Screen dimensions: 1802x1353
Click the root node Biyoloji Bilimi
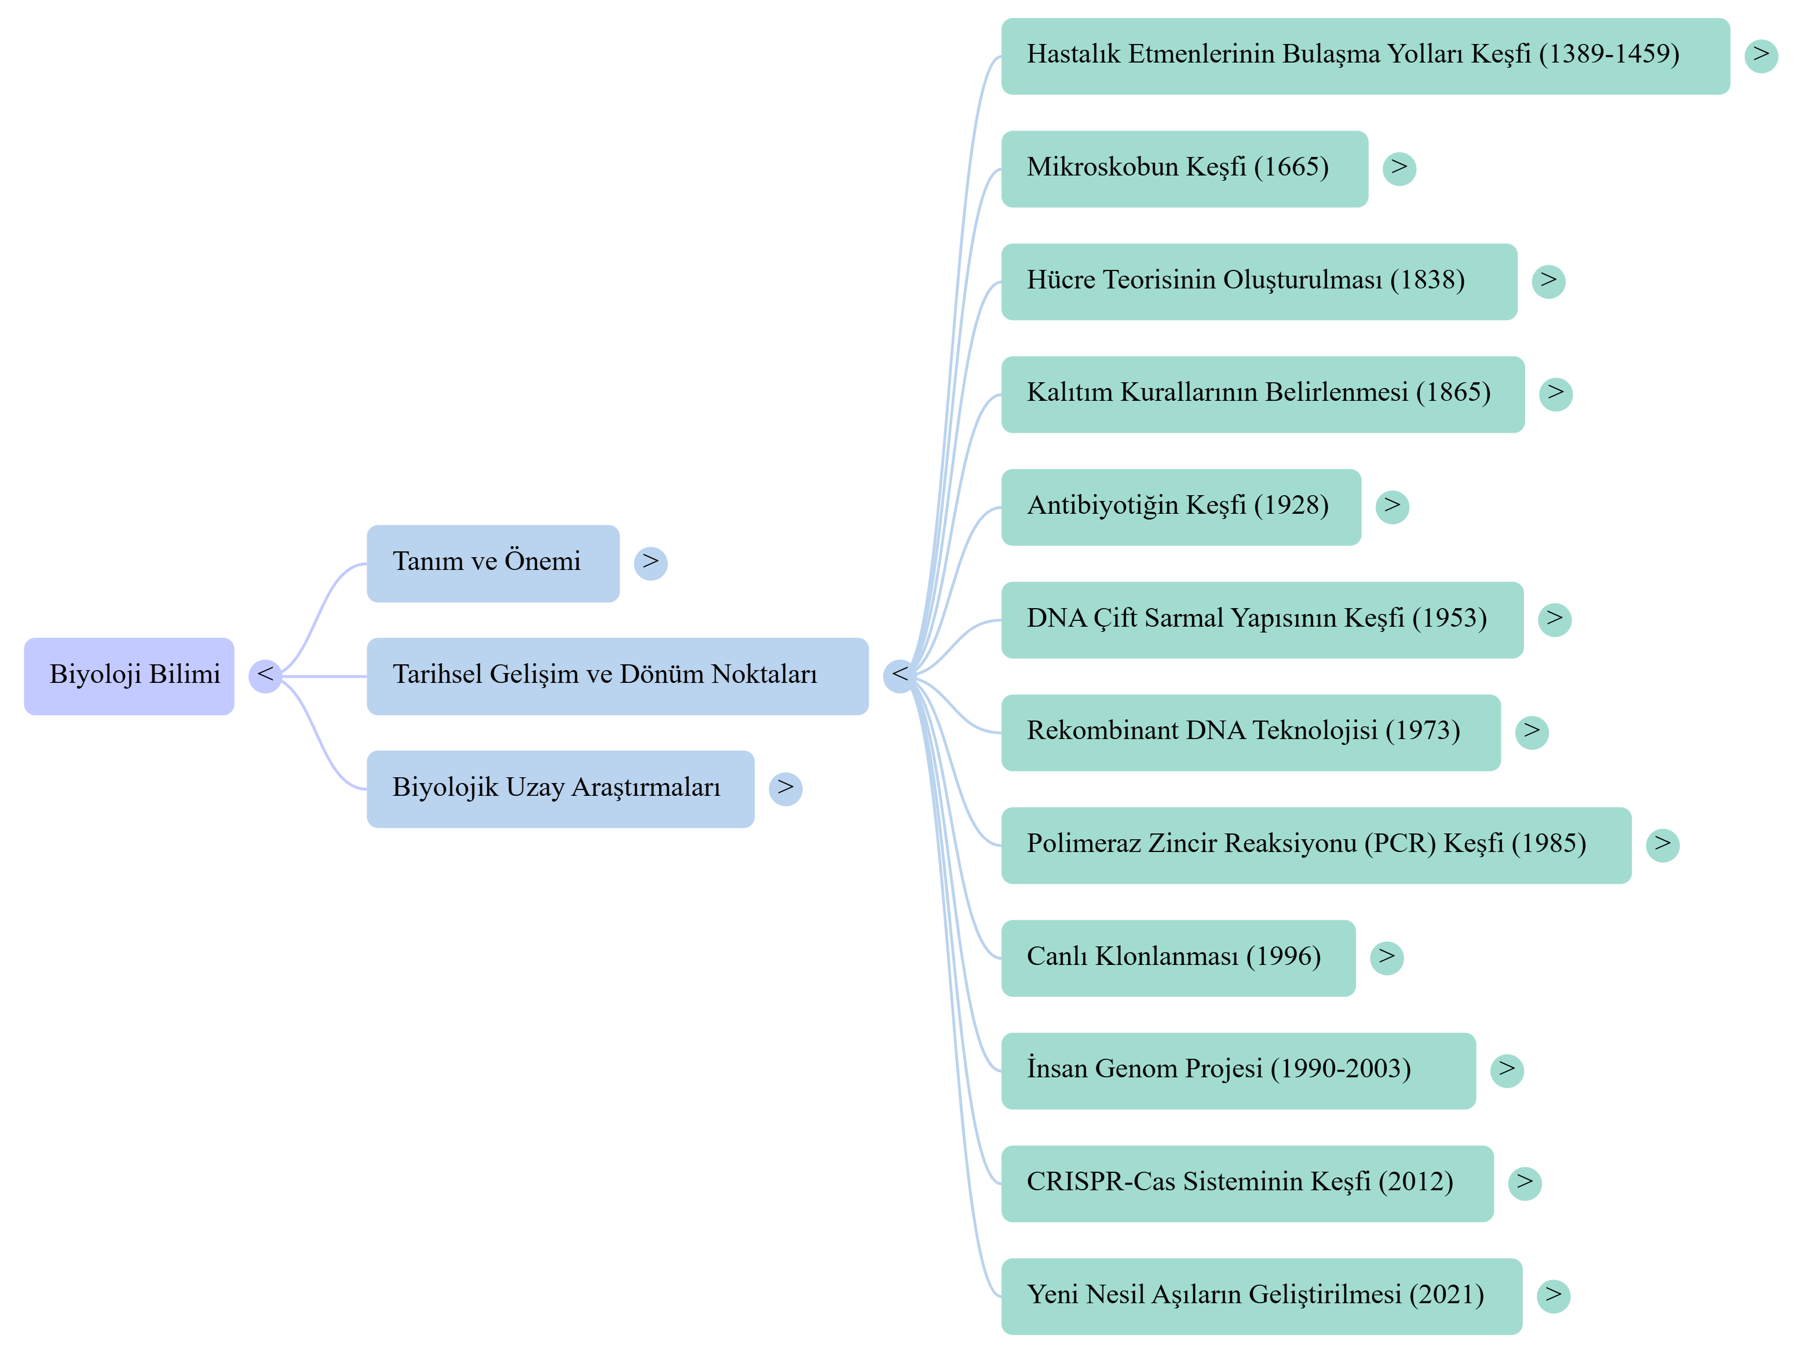tap(129, 676)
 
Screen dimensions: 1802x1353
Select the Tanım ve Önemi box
tap(493, 564)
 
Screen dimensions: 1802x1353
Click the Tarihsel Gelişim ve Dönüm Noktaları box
tap(617, 676)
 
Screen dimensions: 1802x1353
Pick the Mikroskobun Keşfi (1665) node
tap(1185, 169)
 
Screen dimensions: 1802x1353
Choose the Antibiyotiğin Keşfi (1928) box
tap(1181, 507)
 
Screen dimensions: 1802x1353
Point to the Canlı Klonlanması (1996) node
tap(1178, 958)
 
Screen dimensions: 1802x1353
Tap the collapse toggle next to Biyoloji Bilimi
tap(265, 676)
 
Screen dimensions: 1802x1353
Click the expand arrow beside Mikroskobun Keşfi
tap(1399, 169)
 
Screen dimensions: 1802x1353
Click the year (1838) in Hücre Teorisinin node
tap(1427, 280)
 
